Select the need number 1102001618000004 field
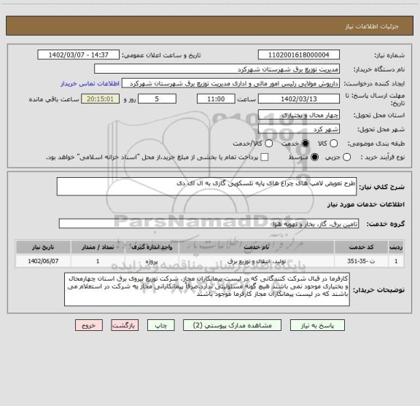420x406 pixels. click(299, 55)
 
